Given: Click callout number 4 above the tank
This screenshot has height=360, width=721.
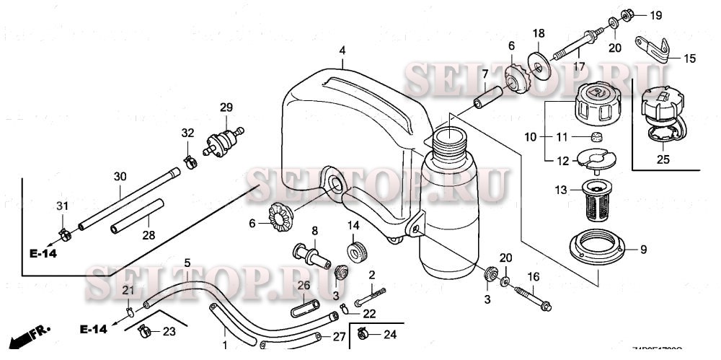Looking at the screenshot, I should [x=343, y=50].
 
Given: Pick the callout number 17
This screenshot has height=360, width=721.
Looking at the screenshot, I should [x=579, y=66].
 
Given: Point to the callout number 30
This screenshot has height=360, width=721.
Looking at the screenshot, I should [x=120, y=176].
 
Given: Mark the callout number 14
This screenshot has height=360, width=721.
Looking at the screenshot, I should [x=353, y=226].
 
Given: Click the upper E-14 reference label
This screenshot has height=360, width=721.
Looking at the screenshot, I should [x=43, y=253].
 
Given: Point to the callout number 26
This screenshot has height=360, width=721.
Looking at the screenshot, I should [x=304, y=284].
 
